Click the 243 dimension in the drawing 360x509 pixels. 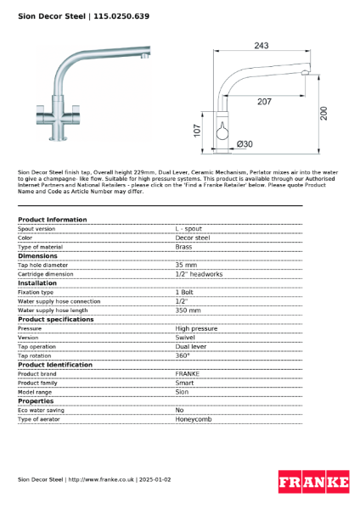(261, 46)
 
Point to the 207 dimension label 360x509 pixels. (265, 102)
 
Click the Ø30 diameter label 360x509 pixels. (244, 144)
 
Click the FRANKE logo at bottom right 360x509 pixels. (313, 483)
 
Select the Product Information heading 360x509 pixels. (52, 220)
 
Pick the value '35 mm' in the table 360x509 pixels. (186, 265)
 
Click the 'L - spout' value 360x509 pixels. (188, 229)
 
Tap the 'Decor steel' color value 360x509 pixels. (192, 238)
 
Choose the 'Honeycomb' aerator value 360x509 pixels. (193, 419)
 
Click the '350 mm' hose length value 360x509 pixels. (188, 310)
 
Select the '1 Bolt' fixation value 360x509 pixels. (186, 292)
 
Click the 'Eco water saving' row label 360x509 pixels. (42, 410)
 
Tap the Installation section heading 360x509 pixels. (37, 282)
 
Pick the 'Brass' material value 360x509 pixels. (183, 247)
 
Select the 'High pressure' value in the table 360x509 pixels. (196, 328)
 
